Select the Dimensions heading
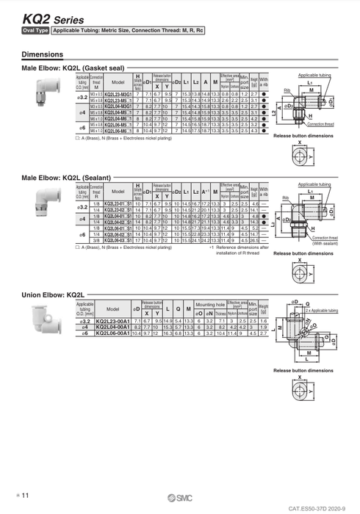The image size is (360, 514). [x=43, y=54]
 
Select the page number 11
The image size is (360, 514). [x=24, y=497]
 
